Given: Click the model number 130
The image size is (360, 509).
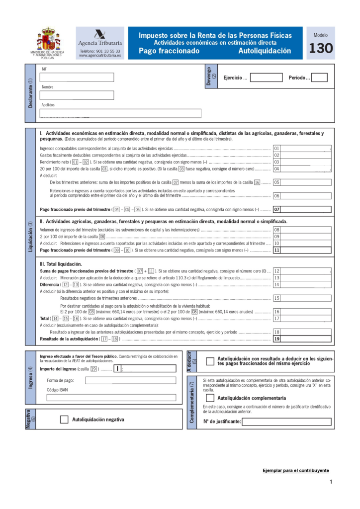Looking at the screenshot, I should click(321, 49).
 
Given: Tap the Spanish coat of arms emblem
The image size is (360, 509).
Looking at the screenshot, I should click(48, 39).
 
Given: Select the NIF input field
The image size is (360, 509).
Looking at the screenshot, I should click(77, 78).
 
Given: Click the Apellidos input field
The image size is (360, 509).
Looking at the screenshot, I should click(120, 113).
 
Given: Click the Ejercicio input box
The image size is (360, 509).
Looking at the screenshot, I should click(266, 78).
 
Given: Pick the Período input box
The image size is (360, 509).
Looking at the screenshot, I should click(319, 78).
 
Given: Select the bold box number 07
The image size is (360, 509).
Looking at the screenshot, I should click(277, 210).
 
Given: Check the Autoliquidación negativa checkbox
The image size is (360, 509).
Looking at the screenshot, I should click(64, 420).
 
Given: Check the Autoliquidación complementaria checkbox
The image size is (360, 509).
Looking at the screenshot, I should click(210, 398).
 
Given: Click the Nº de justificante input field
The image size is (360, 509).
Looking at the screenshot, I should click(286, 422).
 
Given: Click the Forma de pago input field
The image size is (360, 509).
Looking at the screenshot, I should click(130, 380).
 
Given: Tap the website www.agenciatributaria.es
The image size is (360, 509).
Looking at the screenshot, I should click(99, 56).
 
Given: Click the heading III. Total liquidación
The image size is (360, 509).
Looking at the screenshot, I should click(61, 264).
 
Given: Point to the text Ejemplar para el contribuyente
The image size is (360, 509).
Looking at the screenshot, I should click(296, 470).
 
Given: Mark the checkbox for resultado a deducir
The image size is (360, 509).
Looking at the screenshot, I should click(210, 361).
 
